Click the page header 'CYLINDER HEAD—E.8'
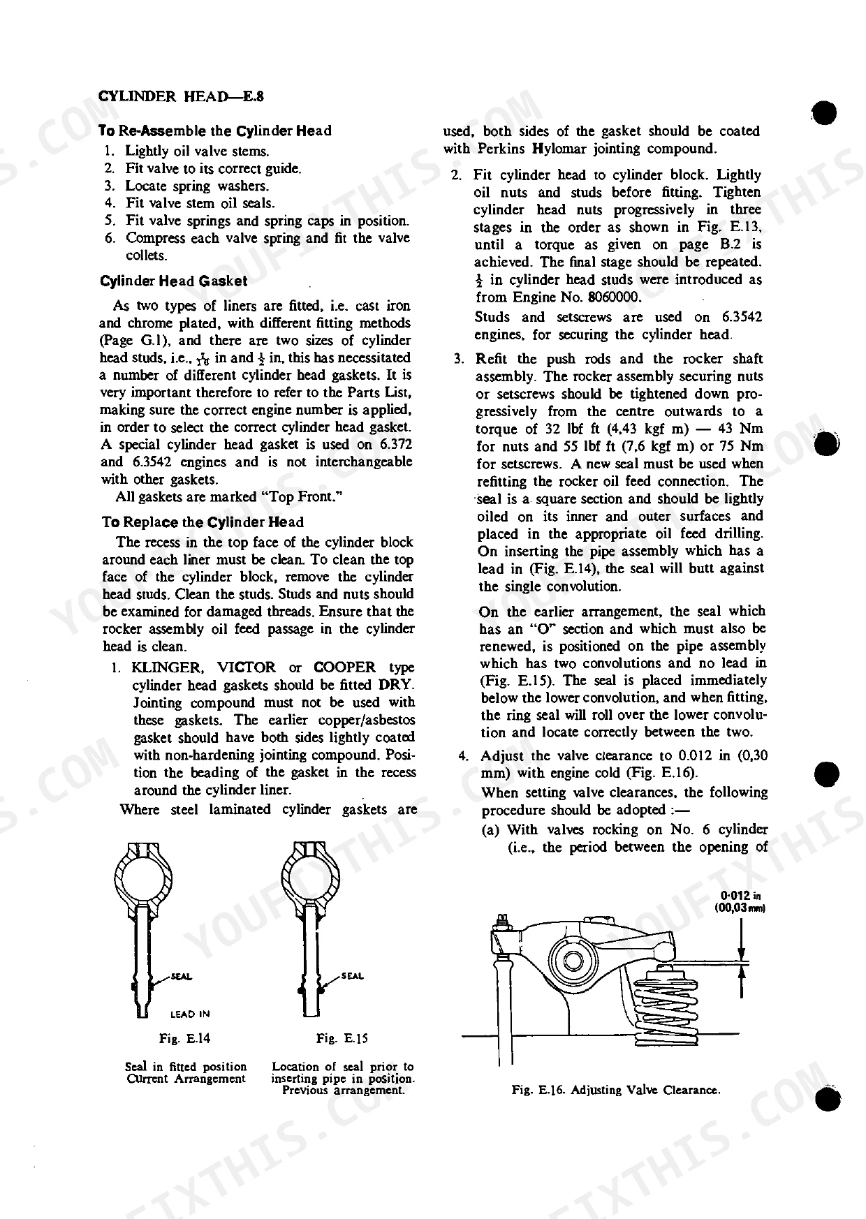(180, 96)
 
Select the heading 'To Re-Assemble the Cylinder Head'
(215, 131)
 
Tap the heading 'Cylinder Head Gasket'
(174, 281)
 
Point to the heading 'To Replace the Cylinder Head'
(203, 522)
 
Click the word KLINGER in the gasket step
(166, 667)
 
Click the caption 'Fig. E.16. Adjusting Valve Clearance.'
(616, 1090)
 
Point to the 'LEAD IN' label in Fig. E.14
(190, 1014)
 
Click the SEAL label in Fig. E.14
(182, 976)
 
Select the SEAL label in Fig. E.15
(353, 976)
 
